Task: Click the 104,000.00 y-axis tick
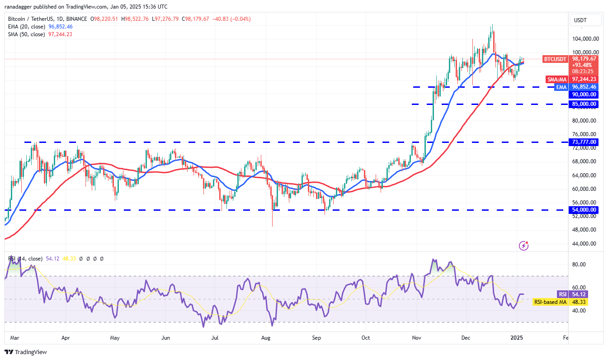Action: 586,39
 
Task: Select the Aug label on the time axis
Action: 266,338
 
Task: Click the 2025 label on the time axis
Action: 517,338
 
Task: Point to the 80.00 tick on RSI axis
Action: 580,265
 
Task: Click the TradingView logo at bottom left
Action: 26,352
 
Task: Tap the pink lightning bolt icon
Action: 524,246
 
